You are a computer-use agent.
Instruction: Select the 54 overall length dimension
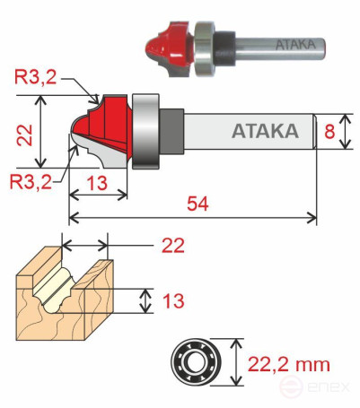(196, 204)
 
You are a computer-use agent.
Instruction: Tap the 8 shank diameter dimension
(330, 131)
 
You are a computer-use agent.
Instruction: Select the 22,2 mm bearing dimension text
(287, 364)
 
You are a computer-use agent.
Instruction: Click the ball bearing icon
(195, 364)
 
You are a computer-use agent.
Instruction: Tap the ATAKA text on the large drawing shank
(265, 132)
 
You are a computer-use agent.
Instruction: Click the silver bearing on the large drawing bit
(145, 129)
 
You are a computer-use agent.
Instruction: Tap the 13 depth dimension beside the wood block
(171, 300)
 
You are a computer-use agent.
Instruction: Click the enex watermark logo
(315, 388)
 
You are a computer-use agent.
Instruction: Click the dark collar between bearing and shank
(171, 130)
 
